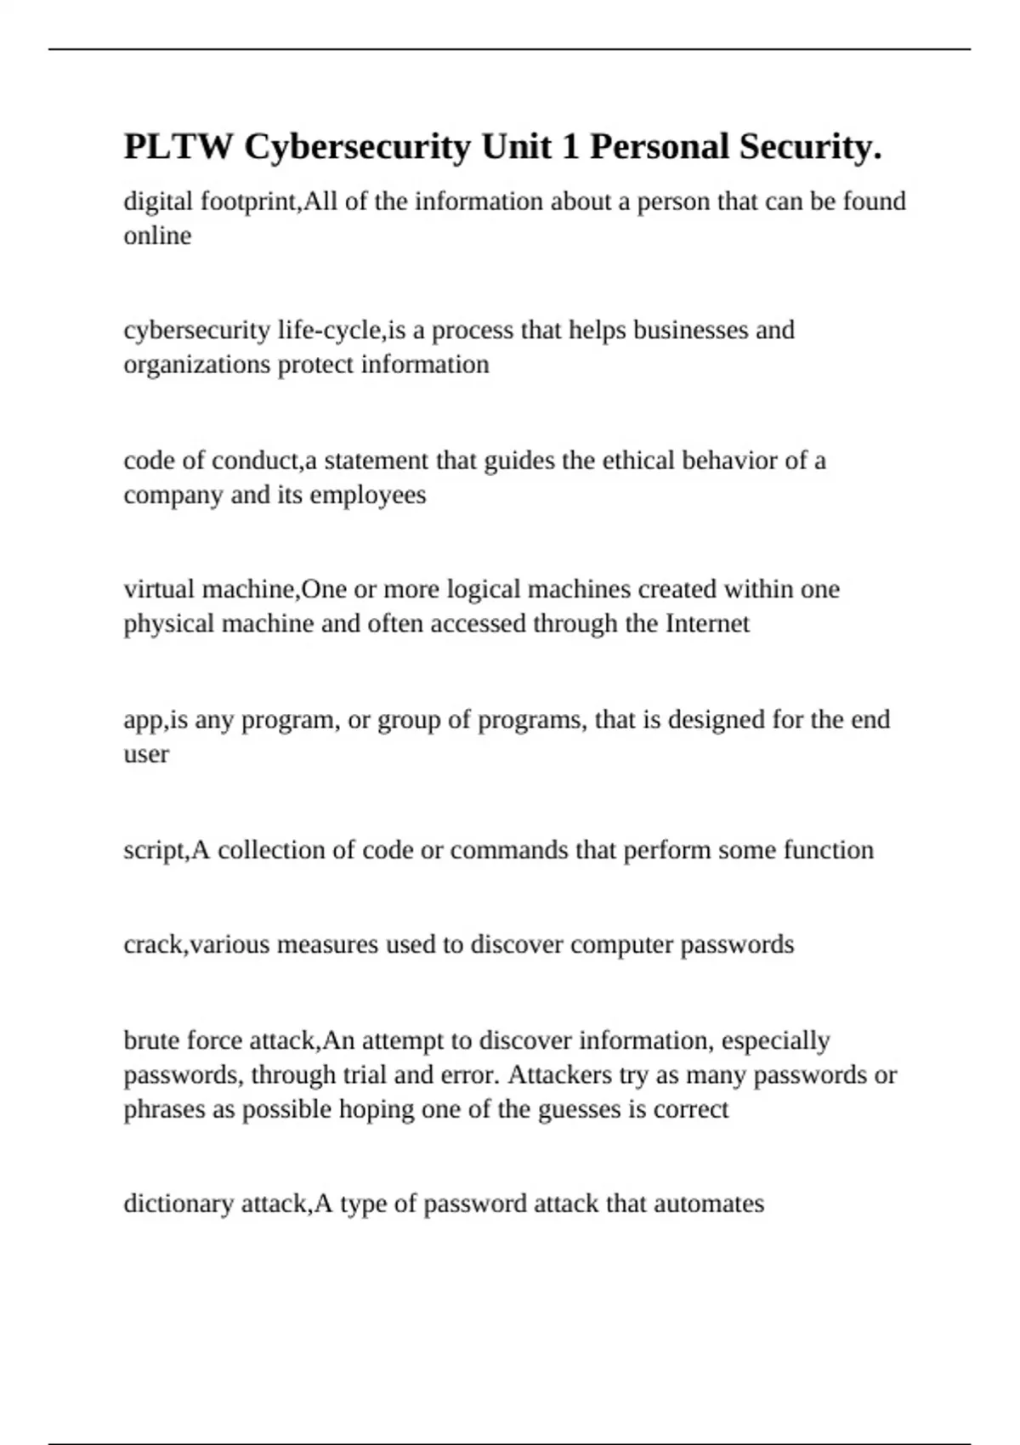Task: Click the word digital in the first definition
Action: coord(159,201)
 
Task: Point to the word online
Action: coord(157,235)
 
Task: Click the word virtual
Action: coord(159,589)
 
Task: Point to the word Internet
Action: coord(707,624)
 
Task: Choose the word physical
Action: coord(168,624)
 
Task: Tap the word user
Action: coord(146,754)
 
